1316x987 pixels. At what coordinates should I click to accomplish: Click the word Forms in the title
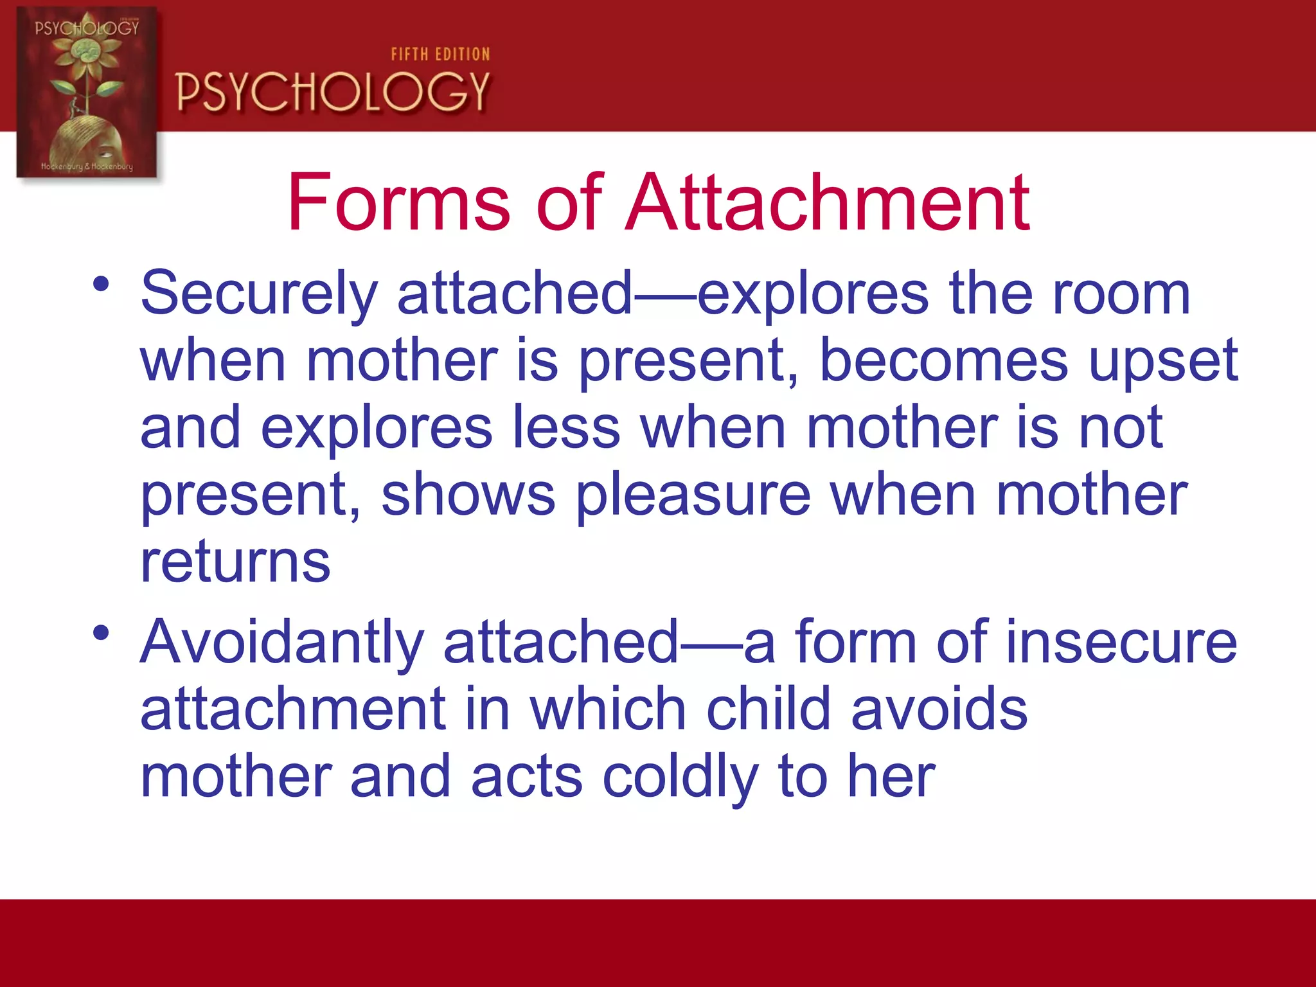(x=398, y=204)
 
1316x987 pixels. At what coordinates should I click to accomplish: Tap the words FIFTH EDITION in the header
(x=440, y=55)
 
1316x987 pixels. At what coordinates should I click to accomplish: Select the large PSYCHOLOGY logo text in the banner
(x=333, y=92)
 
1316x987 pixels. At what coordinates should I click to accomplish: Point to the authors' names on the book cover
(x=87, y=166)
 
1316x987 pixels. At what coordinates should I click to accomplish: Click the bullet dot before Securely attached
(x=101, y=283)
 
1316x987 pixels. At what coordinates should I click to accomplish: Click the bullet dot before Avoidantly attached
(x=101, y=633)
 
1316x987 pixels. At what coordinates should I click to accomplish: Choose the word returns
(x=235, y=562)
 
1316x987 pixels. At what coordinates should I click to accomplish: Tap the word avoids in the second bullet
(x=939, y=709)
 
